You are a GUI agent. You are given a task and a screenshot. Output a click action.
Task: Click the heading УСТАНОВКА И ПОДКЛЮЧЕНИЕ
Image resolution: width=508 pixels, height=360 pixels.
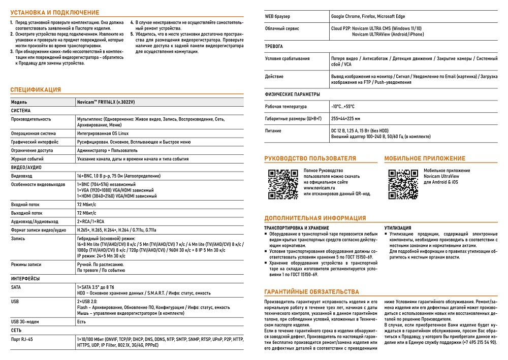(x=55, y=12)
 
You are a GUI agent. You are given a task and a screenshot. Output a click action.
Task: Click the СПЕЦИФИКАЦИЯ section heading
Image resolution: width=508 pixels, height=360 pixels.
(x=36, y=90)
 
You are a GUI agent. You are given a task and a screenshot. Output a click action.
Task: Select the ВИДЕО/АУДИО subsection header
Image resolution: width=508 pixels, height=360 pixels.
(x=26, y=167)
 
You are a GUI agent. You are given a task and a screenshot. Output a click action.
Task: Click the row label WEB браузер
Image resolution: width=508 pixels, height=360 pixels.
(x=277, y=17)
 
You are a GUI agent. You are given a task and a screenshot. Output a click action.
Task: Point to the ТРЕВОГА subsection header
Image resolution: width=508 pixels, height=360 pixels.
(x=274, y=46)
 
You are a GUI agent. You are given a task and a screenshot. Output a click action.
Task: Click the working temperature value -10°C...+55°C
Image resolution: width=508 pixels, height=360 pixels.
(x=343, y=107)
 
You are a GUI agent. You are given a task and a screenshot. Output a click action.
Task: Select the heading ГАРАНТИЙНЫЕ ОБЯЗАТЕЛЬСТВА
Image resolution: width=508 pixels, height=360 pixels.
(x=312, y=292)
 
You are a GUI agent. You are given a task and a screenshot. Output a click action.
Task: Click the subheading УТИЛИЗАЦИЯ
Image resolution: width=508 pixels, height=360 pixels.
(x=398, y=228)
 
